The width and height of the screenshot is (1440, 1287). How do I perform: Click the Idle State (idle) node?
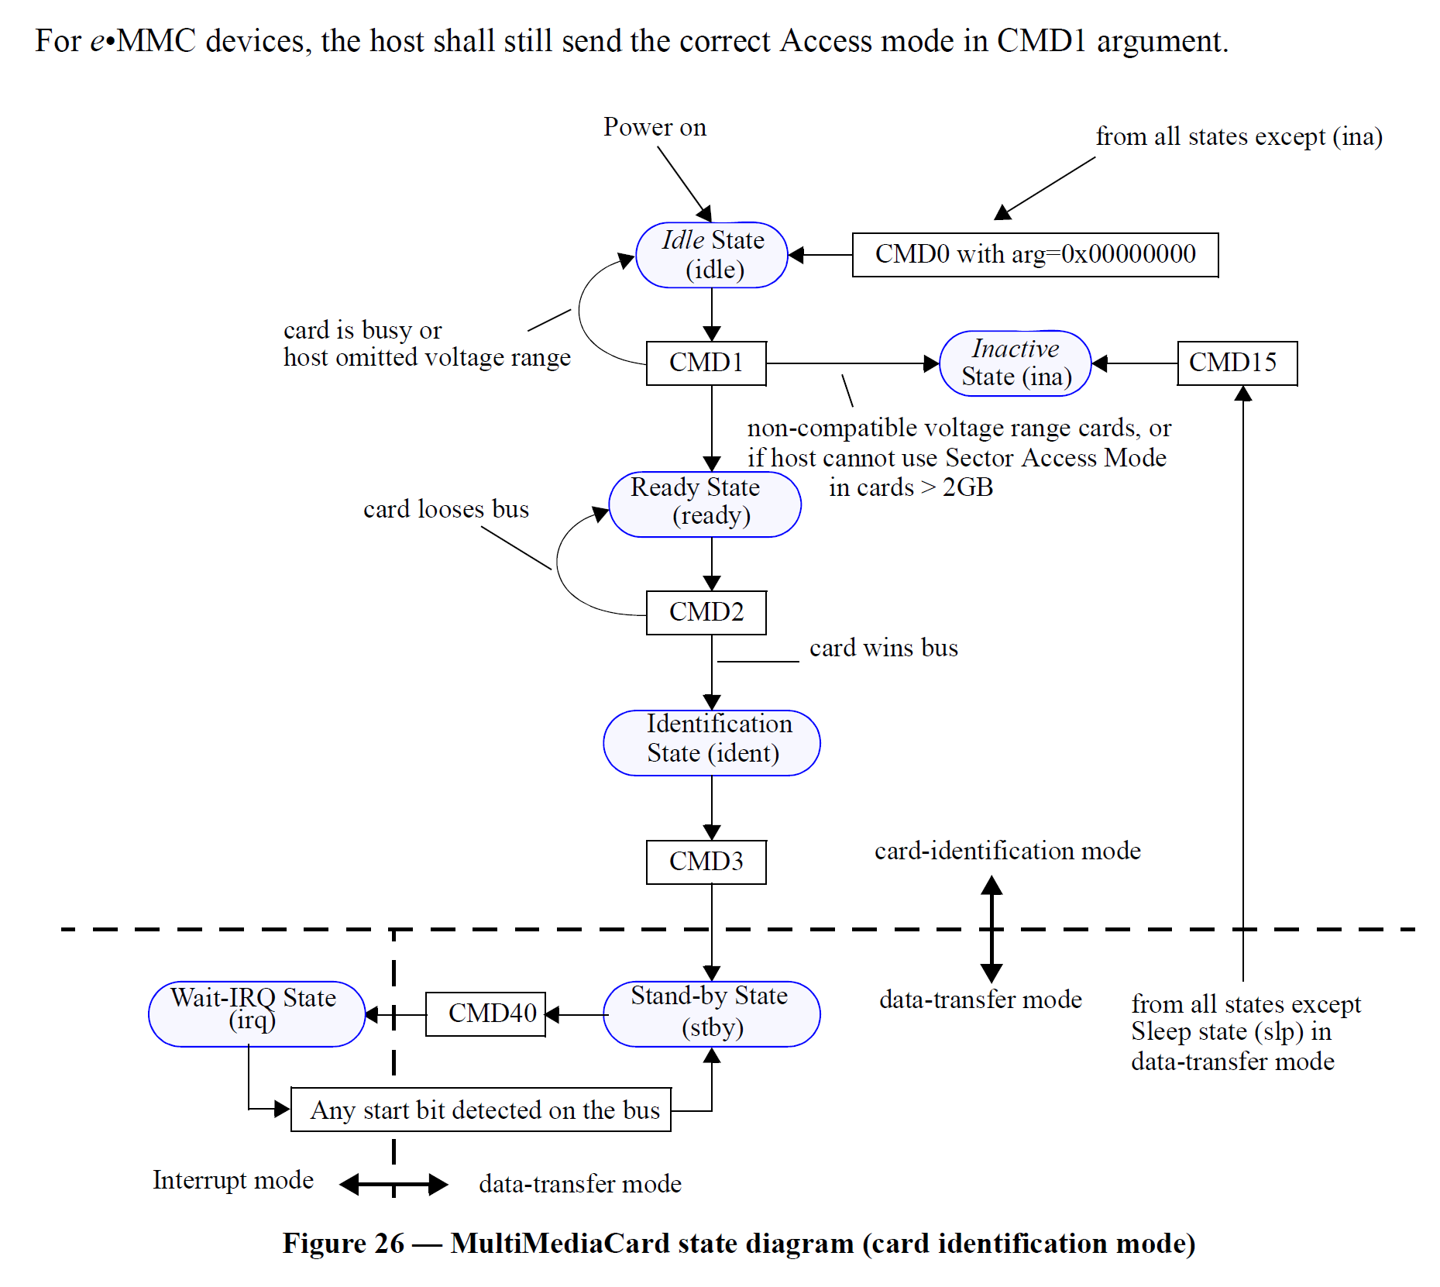click(711, 255)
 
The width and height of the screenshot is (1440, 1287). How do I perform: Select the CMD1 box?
click(706, 363)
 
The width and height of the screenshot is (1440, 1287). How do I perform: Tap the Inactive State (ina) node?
click(1015, 363)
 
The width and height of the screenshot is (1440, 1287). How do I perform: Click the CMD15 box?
click(1236, 363)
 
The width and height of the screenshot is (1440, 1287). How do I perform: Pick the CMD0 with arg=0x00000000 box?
click(1035, 254)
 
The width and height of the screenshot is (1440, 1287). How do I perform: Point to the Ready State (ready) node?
click(705, 504)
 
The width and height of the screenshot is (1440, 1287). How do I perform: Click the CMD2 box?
click(706, 612)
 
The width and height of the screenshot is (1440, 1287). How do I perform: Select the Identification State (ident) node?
click(711, 742)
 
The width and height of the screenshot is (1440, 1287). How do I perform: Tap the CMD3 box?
click(706, 862)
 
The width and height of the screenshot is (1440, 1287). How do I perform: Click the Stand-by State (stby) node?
click(711, 1013)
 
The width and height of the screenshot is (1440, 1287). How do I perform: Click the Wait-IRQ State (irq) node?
click(256, 1013)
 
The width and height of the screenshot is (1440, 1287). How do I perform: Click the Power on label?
click(655, 127)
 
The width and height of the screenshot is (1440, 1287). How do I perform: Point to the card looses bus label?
click(445, 509)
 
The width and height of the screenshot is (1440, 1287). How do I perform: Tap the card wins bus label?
click(883, 648)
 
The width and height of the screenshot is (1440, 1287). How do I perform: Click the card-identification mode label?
click(1007, 851)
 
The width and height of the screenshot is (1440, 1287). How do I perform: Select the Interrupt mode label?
click(232, 1179)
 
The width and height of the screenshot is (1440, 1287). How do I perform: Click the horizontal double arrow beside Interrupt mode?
click(394, 1184)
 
